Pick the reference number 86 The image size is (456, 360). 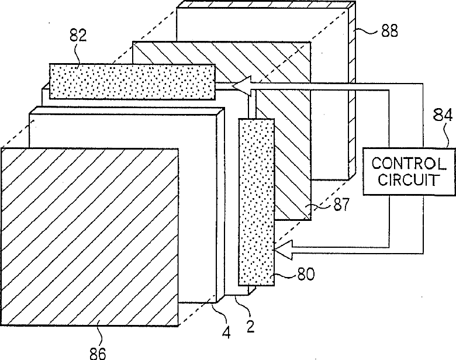(x=100, y=353)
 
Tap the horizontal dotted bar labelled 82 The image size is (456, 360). (x=132, y=81)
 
